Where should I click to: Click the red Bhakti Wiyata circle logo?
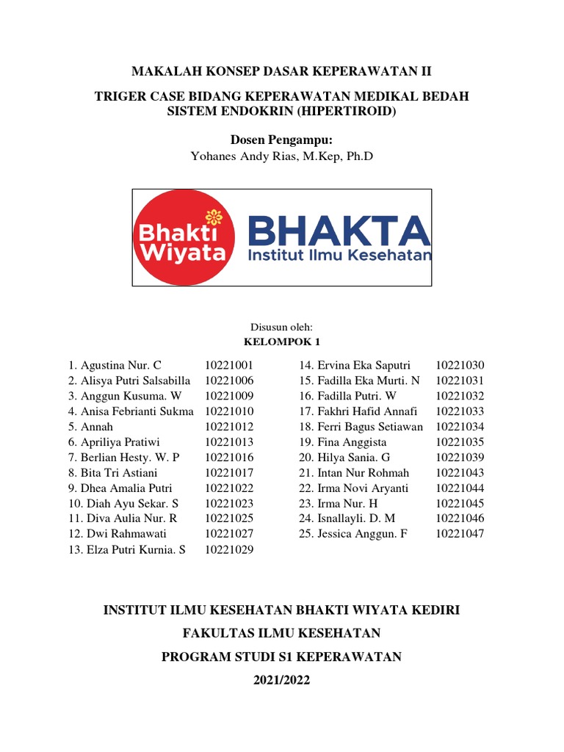tap(184, 237)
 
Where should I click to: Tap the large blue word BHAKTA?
tap(339, 231)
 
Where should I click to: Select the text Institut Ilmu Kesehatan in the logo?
tap(339, 256)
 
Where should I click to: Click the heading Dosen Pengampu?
tap(281, 140)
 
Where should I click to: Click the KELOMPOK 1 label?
tap(281, 342)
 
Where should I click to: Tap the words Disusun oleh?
tap(281, 328)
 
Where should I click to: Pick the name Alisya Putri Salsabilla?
tap(135, 380)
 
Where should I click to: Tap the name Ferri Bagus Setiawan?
tap(369, 427)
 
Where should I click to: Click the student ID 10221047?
tap(460, 534)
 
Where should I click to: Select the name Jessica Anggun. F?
tap(361, 534)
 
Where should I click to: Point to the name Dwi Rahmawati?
tap(127, 534)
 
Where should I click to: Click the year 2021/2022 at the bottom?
tap(281, 681)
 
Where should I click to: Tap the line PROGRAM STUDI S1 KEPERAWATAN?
tap(281, 657)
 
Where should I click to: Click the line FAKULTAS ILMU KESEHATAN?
tap(281, 633)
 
